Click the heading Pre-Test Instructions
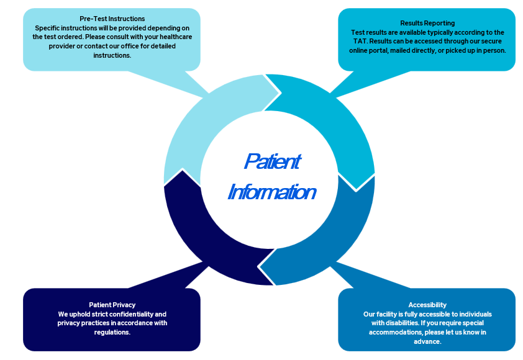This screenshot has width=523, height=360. pyautogui.click(x=112, y=19)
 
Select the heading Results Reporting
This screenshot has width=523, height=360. pyautogui.click(x=427, y=24)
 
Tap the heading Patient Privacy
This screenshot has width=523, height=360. pyautogui.click(x=112, y=305)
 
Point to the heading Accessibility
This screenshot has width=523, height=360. pyautogui.click(x=427, y=305)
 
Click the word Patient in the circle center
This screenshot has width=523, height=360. pyautogui.click(x=272, y=161)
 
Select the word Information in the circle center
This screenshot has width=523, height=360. pyautogui.click(x=272, y=192)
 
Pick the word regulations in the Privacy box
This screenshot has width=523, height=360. pyautogui.click(x=112, y=332)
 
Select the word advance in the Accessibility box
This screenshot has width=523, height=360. pyautogui.click(x=427, y=341)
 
